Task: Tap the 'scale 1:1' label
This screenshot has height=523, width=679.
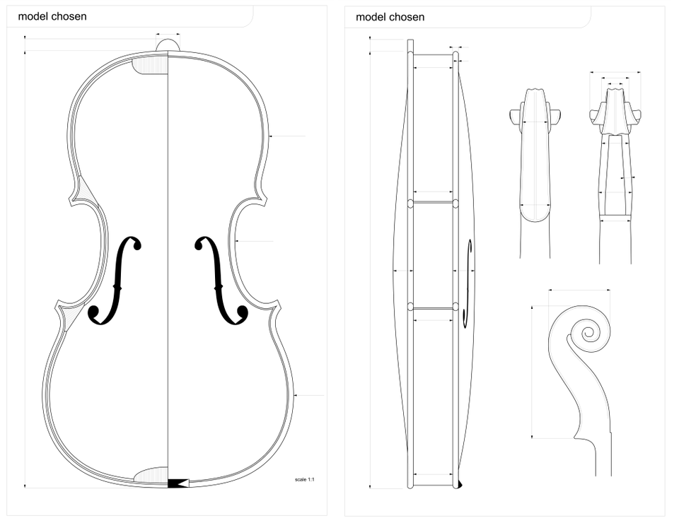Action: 304,480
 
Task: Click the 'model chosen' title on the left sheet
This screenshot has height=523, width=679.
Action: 52,16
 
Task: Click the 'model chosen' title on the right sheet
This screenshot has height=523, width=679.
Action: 390,16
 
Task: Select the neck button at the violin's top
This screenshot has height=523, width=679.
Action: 168,45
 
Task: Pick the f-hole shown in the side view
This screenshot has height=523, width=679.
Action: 468,283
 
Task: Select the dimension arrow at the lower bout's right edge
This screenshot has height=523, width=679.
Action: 296,395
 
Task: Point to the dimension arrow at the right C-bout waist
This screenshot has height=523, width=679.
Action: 238,242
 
